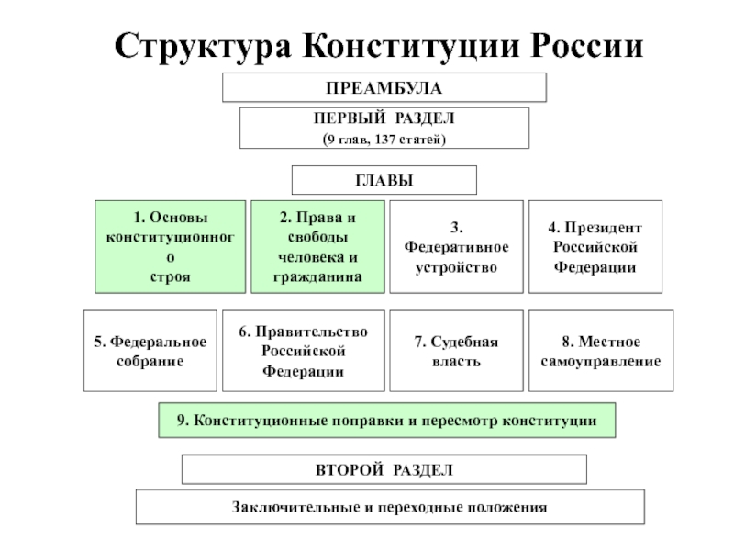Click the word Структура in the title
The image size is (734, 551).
coord(203,47)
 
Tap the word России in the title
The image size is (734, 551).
coord(586,46)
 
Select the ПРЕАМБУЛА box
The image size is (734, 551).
coord(384,87)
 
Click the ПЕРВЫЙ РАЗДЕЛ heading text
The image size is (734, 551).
coord(384,118)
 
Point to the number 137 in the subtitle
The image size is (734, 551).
coord(385,140)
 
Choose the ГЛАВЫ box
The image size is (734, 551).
coord(384,180)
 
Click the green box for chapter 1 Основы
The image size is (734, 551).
coord(171,247)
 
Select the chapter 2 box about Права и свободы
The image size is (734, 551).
coord(317,247)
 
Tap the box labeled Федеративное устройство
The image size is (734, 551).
coord(456,247)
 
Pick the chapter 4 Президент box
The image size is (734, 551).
coord(595,247)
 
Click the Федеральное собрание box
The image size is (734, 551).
coord(150,351)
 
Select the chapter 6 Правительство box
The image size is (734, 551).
coord(304,351)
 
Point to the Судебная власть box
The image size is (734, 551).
coord(456,351)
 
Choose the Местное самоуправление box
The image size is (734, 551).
coord(601,351)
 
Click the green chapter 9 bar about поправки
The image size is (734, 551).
coord(387,421)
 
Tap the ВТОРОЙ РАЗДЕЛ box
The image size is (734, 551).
coord(384,469)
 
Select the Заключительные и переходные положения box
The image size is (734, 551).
coord(391,507)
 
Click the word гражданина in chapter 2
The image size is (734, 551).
coord(317,277)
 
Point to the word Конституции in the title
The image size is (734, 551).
coord(411,47)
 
